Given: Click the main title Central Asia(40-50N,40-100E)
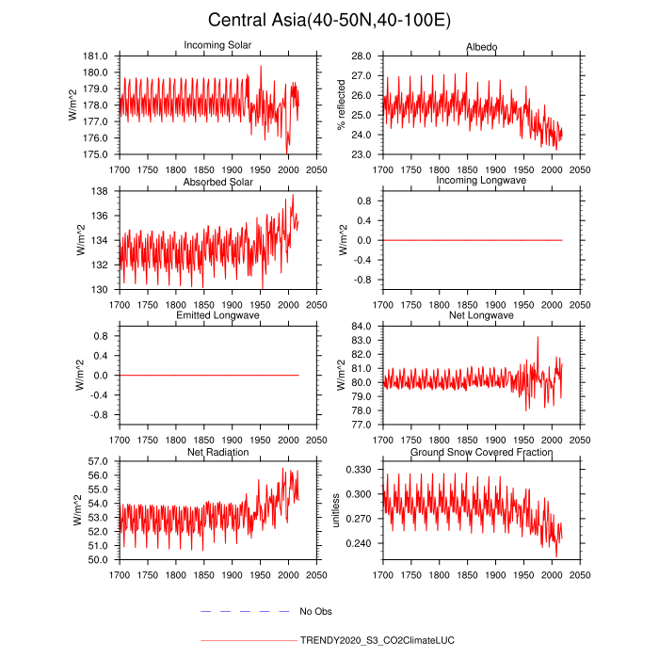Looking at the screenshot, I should click(329, 20).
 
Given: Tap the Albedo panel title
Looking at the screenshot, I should click(481, 46).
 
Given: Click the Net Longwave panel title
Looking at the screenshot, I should click(481, 315).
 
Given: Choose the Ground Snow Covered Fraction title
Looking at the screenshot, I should click(481, 452).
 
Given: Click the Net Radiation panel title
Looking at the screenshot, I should click(217, 452).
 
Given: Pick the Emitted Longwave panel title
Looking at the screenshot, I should click(217, 315).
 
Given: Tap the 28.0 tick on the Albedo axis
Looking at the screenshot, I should click(362, 56).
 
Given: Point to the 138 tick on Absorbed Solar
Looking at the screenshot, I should click(102, 191).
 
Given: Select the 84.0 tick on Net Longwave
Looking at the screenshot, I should click(362, 327).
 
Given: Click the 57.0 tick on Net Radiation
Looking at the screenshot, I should click(98, 461).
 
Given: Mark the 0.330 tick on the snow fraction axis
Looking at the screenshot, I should click(359, 470).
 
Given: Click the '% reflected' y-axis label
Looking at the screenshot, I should click(342, 105).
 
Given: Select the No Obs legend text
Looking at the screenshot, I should click(316, 612).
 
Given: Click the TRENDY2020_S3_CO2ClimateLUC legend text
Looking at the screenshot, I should click(377, 640).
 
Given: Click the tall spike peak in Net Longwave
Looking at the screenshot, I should click(538, 337).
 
